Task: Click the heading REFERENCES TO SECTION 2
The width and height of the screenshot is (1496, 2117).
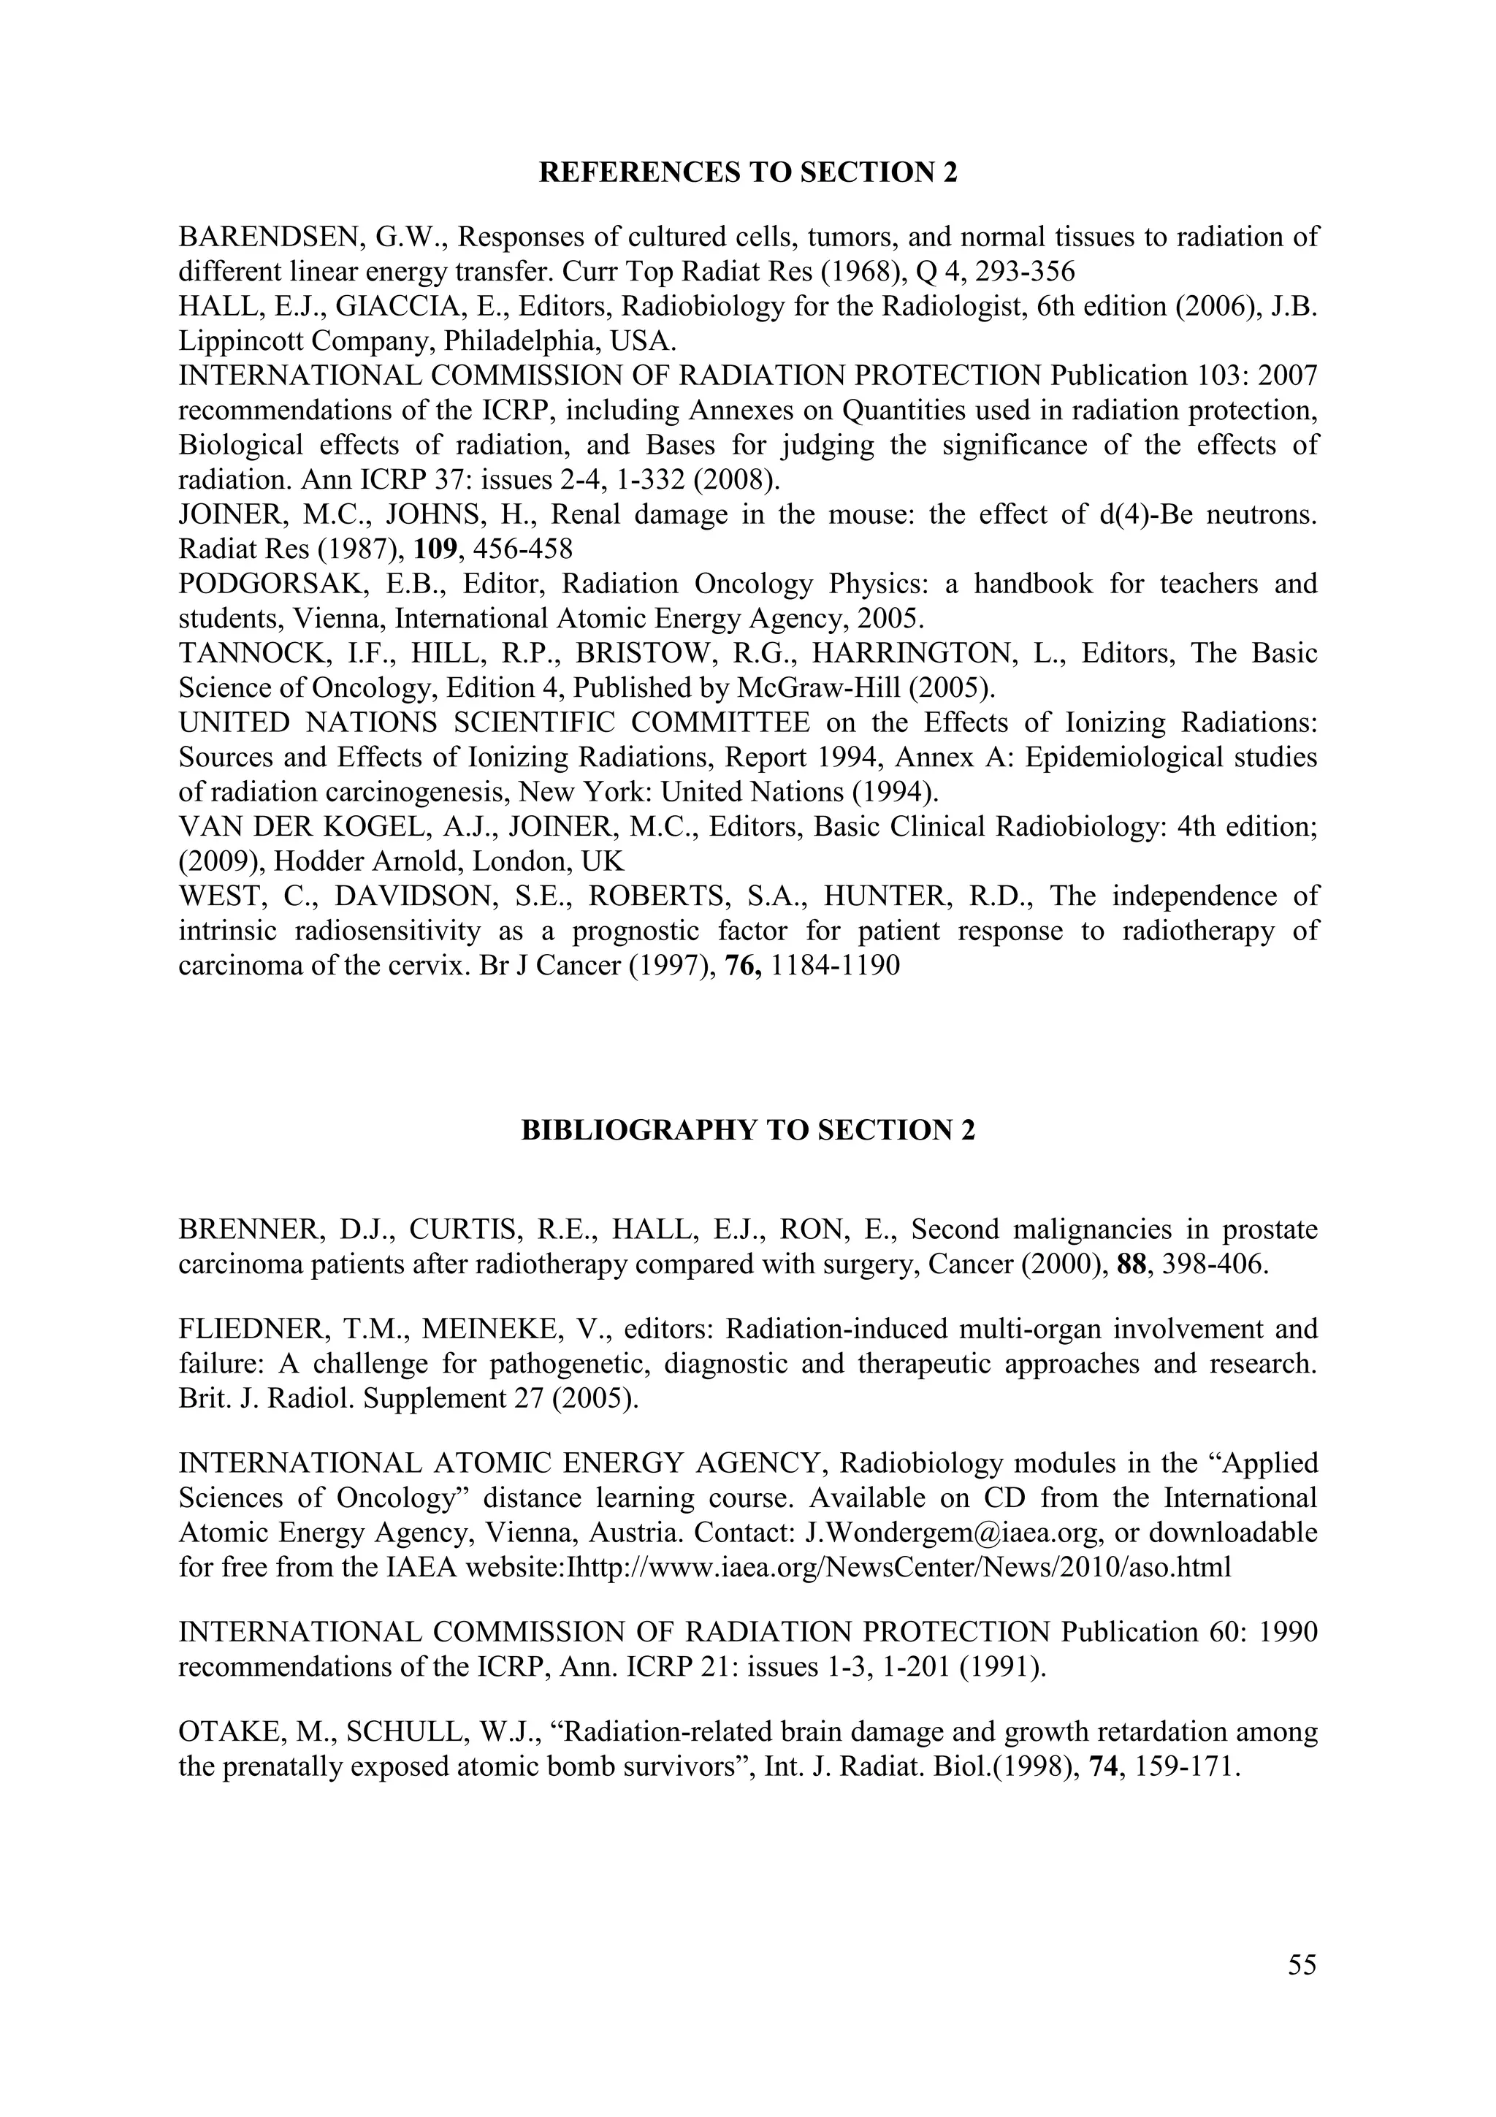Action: tap(747, 172)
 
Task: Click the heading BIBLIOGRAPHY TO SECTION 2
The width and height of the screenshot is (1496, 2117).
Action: tap(747, 1130)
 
